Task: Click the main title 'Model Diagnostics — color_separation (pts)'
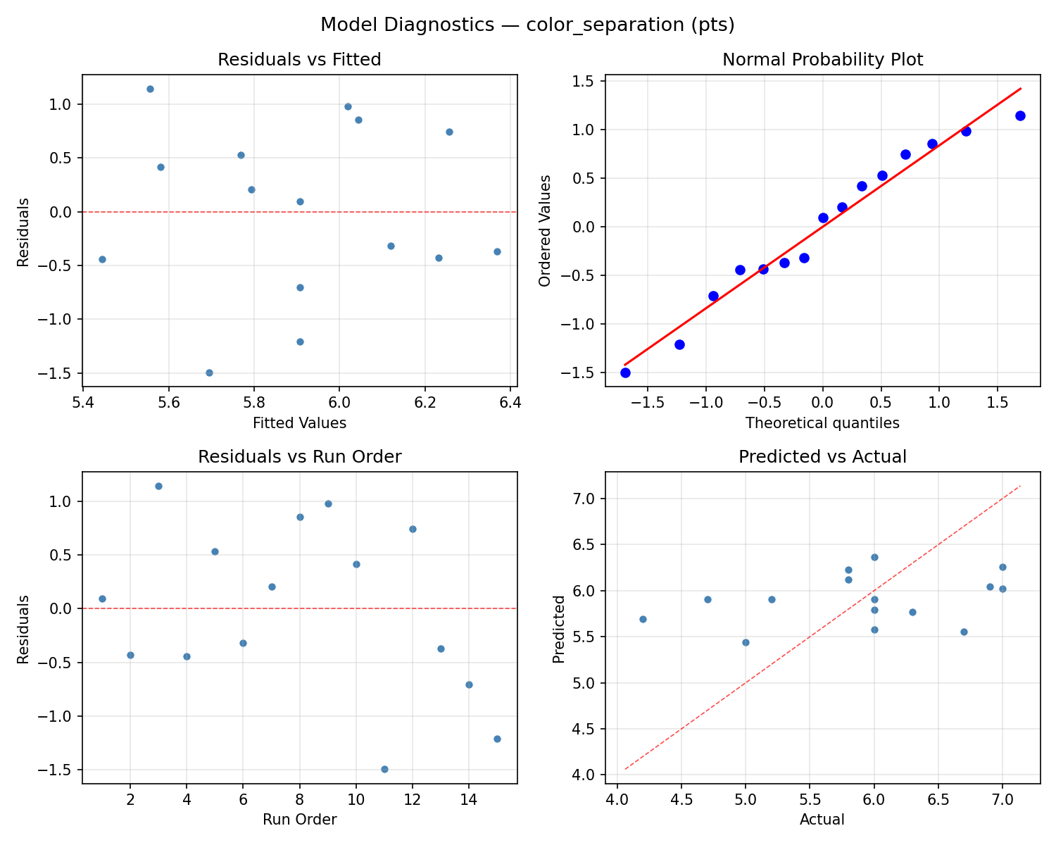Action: point(527,25)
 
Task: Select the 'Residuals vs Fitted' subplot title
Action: point(299,60)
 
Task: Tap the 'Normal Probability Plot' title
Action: point(822,60)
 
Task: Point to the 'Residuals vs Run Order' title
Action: point(299,457)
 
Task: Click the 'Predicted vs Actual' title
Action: point(822,457)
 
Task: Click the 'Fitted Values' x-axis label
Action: point(299,423)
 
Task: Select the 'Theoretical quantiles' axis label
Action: point(822,423)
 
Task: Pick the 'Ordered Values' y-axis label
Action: point(544,230)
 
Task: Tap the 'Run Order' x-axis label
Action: point(299,820)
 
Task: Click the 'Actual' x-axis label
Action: point(822,820)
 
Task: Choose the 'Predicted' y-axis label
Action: point(558,628)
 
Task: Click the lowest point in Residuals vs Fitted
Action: point(209,373)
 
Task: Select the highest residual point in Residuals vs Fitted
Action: point(150,89)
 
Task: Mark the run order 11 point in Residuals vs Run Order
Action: point(384,769)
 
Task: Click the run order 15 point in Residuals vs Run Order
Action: point(497,739)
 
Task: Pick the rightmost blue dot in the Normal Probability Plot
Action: point(1020,115)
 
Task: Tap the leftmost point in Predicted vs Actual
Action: point(643,619)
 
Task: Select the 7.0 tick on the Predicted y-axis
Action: point(588,499)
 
